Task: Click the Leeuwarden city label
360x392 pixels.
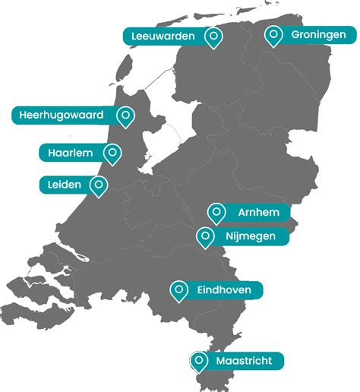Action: click(x=163, y=36)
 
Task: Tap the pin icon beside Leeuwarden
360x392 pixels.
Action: click(x=214, y=36)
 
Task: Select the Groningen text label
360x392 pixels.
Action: click(x=318, y=35)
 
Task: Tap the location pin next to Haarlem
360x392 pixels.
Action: click(x=112, y=153)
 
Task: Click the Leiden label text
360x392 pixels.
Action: click(x=65, y=184)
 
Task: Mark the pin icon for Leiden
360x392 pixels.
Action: click(x=98, y=184)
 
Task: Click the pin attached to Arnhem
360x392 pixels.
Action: click(x=216, y=212)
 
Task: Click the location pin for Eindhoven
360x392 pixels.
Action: click(x=179, y=289)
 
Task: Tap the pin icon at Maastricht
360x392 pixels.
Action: click(x=199, y=360)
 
